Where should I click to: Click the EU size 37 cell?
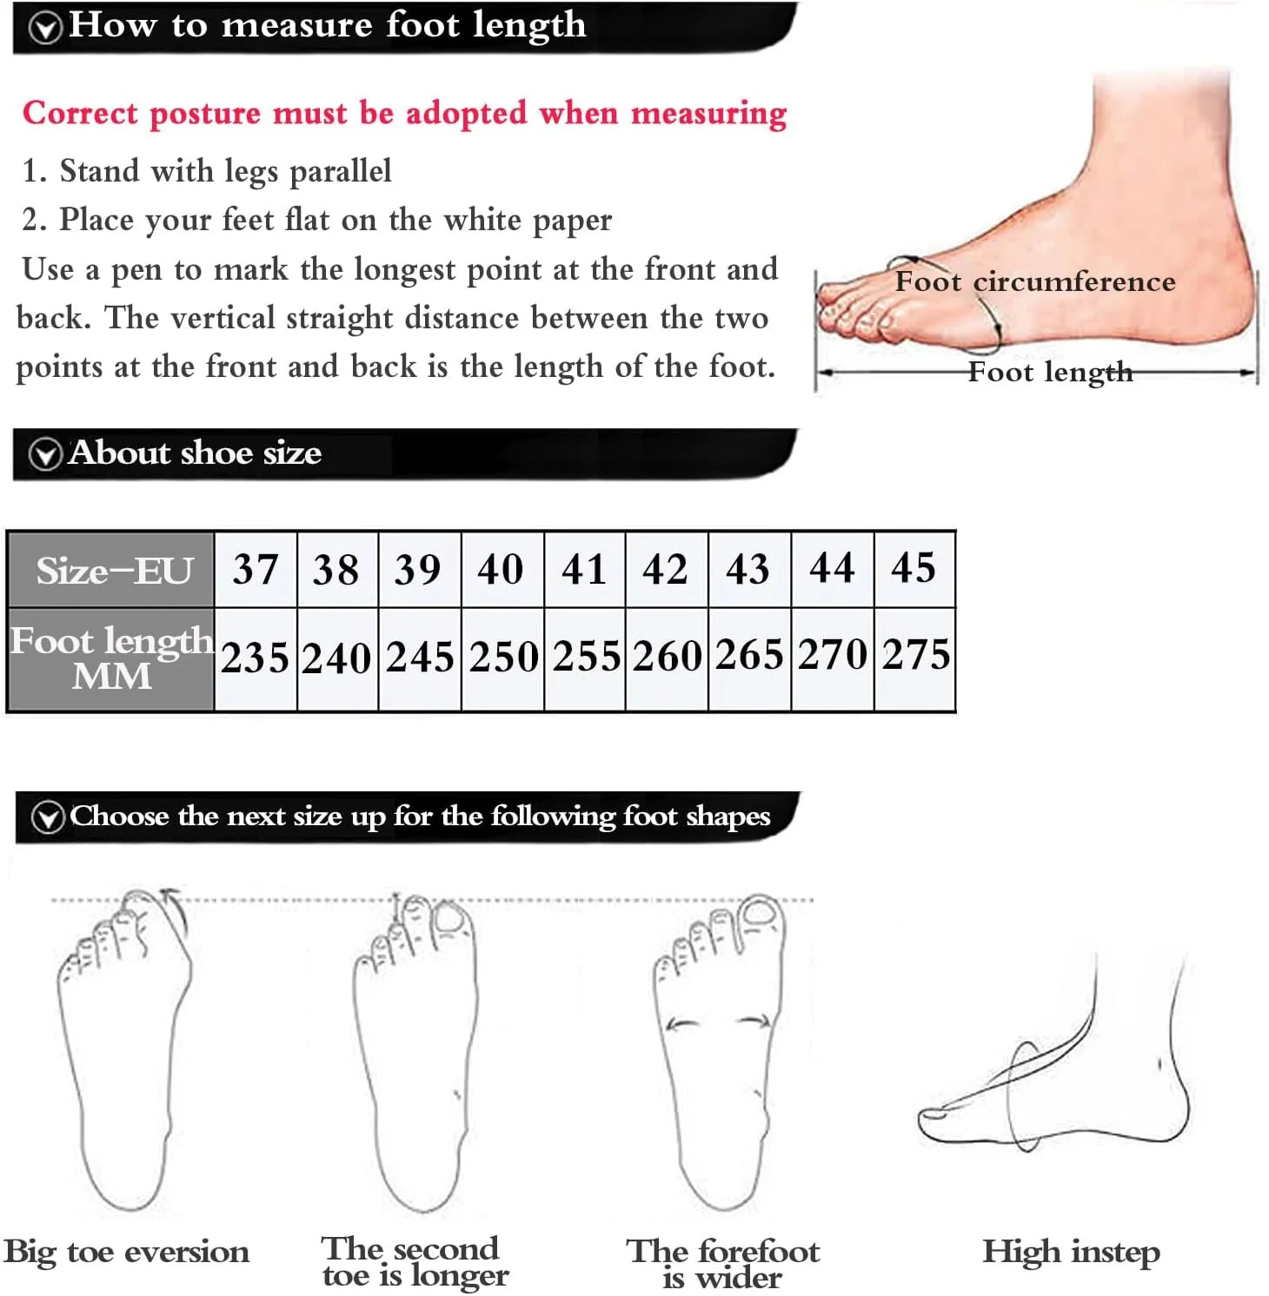[256, 570]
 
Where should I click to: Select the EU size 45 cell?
[914, 570]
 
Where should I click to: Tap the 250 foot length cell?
[503, 658]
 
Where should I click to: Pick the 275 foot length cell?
[915, 658]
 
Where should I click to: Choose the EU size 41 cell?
[585, 570]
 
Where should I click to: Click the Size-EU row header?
[111, 570]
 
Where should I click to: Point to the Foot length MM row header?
[111, 658]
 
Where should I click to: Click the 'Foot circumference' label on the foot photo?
[1035, 281]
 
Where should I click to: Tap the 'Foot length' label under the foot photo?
[1051, 372]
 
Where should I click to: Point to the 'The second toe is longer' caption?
[415, 1261]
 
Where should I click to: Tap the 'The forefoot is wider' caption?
[723, 1263]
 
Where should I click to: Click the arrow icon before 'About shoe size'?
[45, 454]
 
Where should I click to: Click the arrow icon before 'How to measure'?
[45, 28]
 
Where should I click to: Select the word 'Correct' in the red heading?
[80, 113]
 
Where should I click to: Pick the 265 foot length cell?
[750, 658]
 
